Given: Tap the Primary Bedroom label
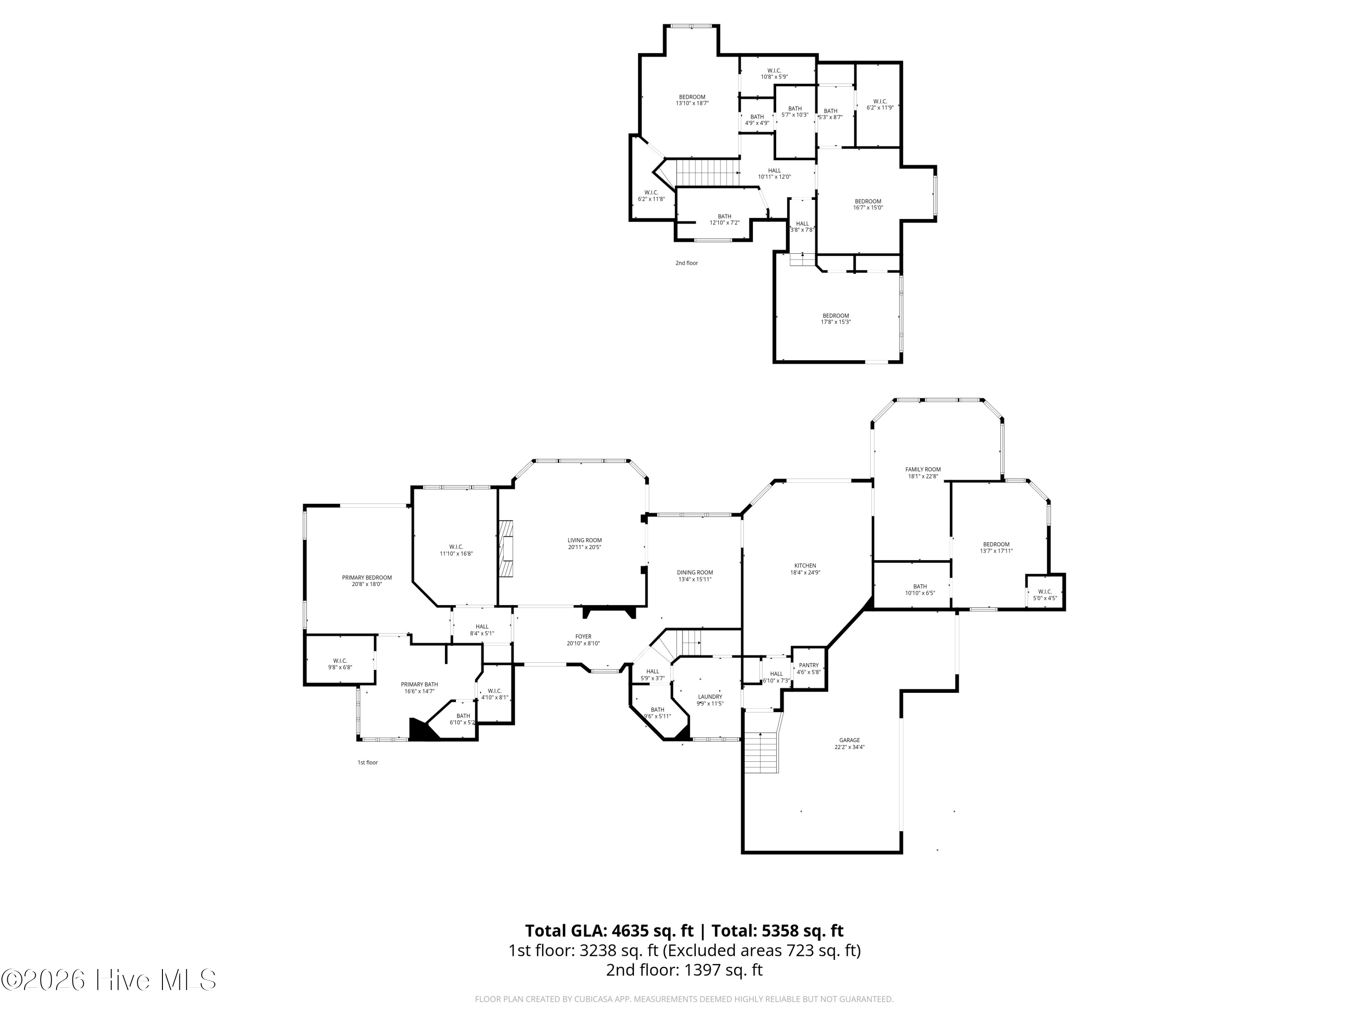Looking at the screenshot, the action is click(x=367, y=581).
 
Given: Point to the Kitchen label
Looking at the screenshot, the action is click(x=805, y=569).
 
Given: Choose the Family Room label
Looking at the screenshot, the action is click(x=923, y=473).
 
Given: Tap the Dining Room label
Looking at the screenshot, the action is click(x=695, y=576).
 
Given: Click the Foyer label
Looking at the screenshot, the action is click(x=583, y=639).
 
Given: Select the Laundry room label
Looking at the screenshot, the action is click(x=710, y=700).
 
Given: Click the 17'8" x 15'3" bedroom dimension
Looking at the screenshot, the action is click(x=836, y=322).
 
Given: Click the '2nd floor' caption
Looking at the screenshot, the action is click(x=686, y=263).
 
